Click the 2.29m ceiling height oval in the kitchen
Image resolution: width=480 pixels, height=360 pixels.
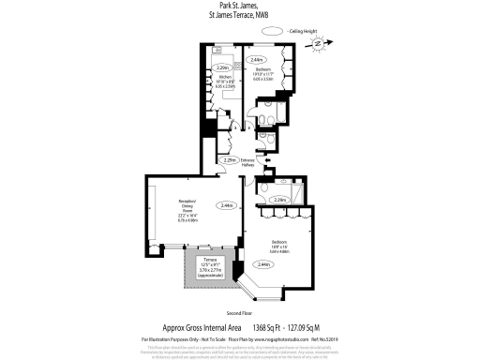click(x=223, y=68)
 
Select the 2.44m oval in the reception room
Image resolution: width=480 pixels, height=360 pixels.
click(x=226, y=205)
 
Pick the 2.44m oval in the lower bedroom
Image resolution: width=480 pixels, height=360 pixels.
click(x=265, y=265)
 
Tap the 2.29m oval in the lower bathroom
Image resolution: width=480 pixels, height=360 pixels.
click(x=278, y=200)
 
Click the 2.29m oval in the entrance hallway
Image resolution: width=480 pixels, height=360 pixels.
click(x=228, y=160)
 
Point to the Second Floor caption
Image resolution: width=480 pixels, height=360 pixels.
click(x=240, y=312)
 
